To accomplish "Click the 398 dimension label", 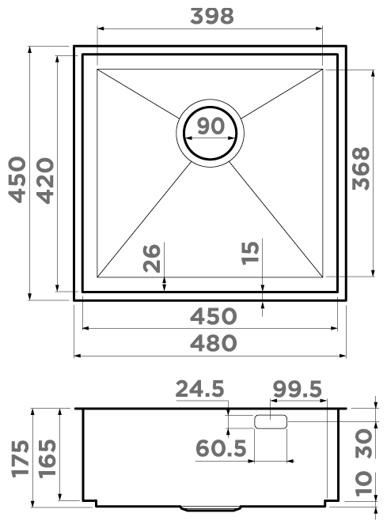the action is click(212, 16).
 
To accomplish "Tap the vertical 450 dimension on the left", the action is click(17, 179).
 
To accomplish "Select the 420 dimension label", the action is click(45, 180).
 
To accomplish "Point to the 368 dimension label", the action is click(361, 168).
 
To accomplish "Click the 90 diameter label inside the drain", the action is click(211, 126).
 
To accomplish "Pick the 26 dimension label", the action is click(151, 258).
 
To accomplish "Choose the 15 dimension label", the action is click(250, 253).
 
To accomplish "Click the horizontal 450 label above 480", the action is click(214, 316).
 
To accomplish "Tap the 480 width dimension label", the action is click(214, 343).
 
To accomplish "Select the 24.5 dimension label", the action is click(200, 389).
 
